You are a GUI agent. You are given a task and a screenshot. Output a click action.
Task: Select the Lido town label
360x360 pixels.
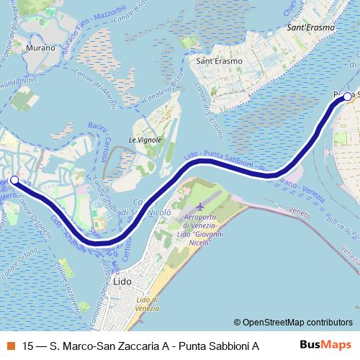tap(122, 282)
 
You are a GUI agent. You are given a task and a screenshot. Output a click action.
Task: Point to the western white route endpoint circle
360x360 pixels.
tap(14, 180)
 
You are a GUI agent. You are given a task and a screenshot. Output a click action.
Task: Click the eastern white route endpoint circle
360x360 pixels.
tap(348, 96)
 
